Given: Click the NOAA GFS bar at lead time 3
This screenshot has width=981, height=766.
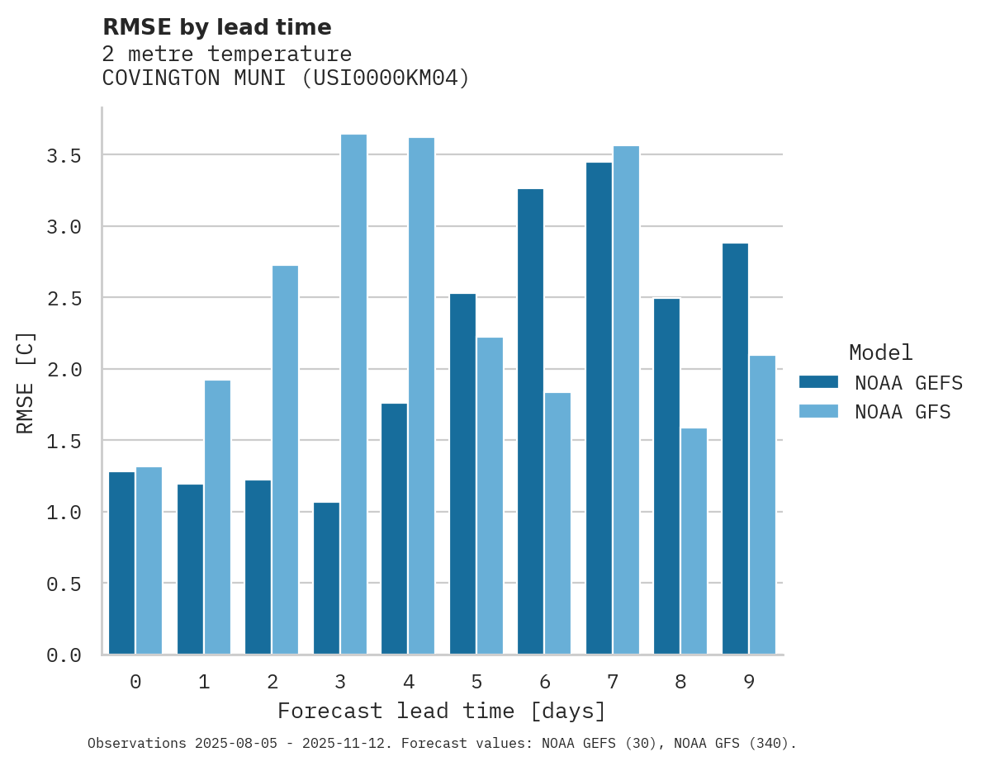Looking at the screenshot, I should [353, 395].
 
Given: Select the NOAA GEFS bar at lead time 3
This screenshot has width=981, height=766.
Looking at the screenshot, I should [326, 578].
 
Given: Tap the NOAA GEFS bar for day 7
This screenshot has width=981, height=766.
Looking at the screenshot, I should [599, 409].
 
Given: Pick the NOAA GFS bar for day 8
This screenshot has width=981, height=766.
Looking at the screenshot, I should [694, 541].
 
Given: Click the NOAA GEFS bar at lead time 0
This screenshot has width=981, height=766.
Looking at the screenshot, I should [121, 563].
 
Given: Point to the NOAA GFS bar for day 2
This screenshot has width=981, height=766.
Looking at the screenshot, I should [285, 460].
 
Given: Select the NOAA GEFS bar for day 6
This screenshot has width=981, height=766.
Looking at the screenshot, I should [530, 421].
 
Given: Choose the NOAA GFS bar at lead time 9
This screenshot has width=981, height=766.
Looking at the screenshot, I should [762, 504].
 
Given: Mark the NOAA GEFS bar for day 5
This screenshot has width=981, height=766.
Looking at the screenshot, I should [462, 474].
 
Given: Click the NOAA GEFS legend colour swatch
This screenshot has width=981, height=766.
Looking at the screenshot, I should [818, 382].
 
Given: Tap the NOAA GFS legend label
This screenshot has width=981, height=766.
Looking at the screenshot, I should [903, 412].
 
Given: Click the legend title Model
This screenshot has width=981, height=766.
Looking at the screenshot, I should [880, 352].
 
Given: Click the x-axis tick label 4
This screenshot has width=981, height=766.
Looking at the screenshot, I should [408, 682].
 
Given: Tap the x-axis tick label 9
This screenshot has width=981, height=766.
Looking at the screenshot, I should [748, 682].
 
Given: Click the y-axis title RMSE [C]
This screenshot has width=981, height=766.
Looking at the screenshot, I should [26, 381].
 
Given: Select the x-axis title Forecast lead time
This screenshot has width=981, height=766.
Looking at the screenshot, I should [442, 711].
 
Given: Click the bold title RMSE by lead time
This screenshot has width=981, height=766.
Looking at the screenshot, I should [216, 27].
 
